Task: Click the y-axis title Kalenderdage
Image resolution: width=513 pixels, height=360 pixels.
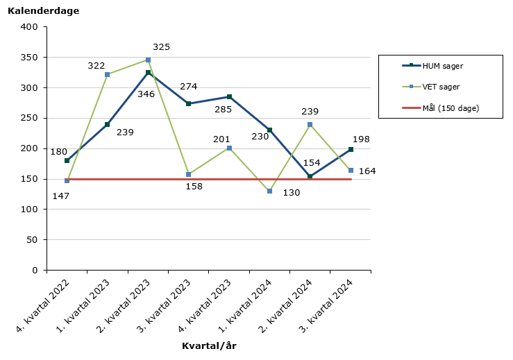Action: click(43, 11)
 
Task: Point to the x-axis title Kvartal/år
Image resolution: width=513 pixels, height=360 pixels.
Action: click(209, 345)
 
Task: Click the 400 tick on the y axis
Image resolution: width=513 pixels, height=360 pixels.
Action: click(30, 27)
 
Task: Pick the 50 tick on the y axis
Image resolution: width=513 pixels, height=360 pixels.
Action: click(33, 240)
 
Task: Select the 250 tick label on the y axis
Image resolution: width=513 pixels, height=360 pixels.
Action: click(30, 119)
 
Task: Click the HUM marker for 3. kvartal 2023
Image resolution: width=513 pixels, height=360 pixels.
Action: click(188, 103)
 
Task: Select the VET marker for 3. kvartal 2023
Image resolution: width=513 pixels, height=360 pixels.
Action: click(188, 174)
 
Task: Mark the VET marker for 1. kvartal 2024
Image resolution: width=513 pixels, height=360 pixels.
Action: click(269, 191)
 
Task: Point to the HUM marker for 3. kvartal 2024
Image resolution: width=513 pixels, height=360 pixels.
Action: click(351, 149)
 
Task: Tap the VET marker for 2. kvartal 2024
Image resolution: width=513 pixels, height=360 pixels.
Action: click(310, 125)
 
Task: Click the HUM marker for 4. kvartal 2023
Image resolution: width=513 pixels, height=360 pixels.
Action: click(229, 96)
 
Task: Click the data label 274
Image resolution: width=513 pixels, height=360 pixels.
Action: click(188, 87)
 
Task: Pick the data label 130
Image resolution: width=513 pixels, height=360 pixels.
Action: click(291, 193)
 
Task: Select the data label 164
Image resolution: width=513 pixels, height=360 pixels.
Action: click(367, 171)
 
